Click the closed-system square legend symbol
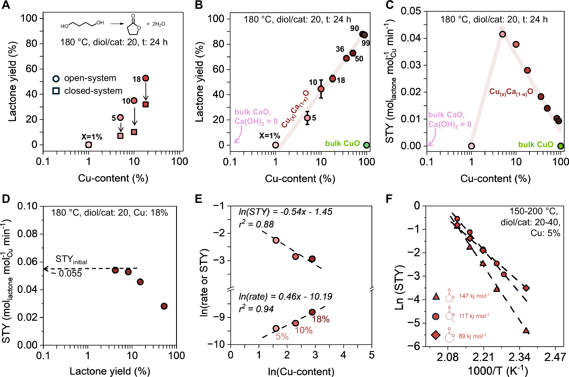coord(56,91)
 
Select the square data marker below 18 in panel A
coord(145,104)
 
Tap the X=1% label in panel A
coord(92,137)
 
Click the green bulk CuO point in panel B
coord(366,145)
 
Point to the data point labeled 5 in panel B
coord(307,118)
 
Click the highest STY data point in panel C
coord(502,34)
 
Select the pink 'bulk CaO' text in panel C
coord(446,115)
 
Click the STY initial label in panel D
coord(71,259)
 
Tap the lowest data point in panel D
coord(164,306)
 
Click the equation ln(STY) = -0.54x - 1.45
coord(285,212)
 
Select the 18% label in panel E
coord(321,319)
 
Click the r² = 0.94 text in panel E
coord(256,309)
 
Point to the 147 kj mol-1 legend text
coord(474,296)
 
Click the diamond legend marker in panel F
coord(436,335)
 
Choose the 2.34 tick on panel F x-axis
coord(519,357)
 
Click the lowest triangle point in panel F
coord(526,330)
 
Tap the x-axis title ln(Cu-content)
coord(301,371)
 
